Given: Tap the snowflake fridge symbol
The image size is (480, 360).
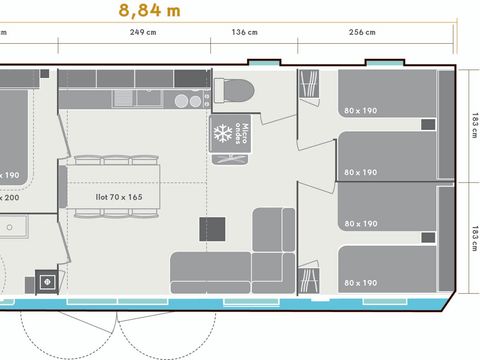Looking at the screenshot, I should [221, 134].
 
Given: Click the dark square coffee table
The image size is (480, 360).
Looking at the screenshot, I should [212, 227].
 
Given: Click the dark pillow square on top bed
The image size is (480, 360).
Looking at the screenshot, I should [428, 125].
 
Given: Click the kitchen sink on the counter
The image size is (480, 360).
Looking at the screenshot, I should [186, 100].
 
